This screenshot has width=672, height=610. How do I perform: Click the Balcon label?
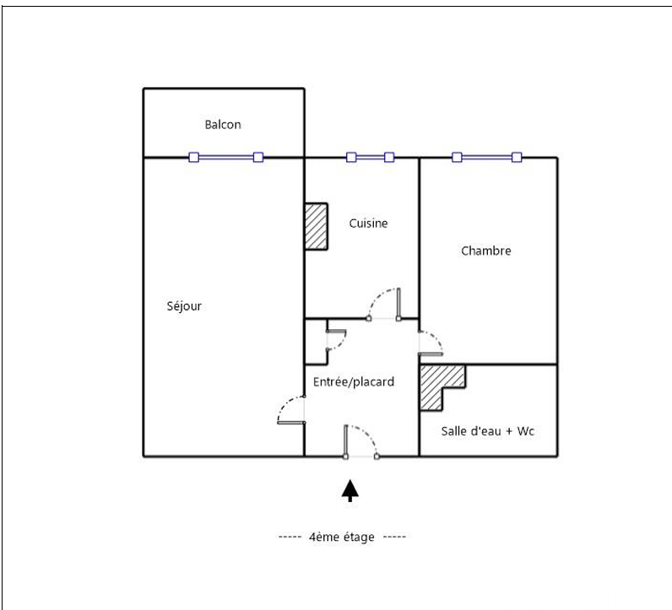[223, 125]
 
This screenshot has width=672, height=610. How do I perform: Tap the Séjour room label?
[184, 306]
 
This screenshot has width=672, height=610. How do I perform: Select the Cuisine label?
[369, 224]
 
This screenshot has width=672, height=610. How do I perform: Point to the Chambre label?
[486, 251]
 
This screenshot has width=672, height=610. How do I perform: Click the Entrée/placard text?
[354, 381]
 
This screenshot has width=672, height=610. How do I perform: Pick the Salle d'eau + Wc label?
[488, 431]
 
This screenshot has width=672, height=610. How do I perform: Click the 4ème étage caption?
[342, 537]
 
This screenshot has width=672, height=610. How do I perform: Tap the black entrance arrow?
[350, 490]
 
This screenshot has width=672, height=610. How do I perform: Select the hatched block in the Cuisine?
[317, 226]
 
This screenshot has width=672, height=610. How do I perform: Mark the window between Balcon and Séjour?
[226, 157]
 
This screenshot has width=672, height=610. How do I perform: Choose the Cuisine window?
[371, 157]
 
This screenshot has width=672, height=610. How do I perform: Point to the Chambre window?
[487, 157]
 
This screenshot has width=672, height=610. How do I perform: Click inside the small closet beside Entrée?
[316, 342]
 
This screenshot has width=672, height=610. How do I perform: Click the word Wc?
[526, 431]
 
